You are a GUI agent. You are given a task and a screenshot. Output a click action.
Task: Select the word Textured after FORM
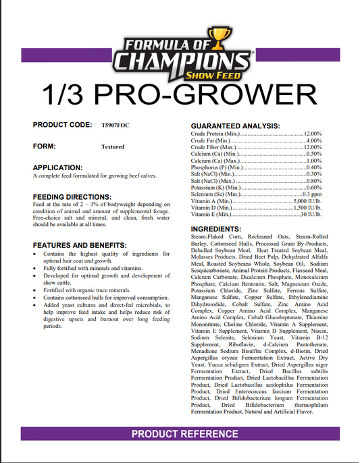pos(113,146)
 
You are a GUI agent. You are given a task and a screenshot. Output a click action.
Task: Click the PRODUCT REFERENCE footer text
pos(184,433)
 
